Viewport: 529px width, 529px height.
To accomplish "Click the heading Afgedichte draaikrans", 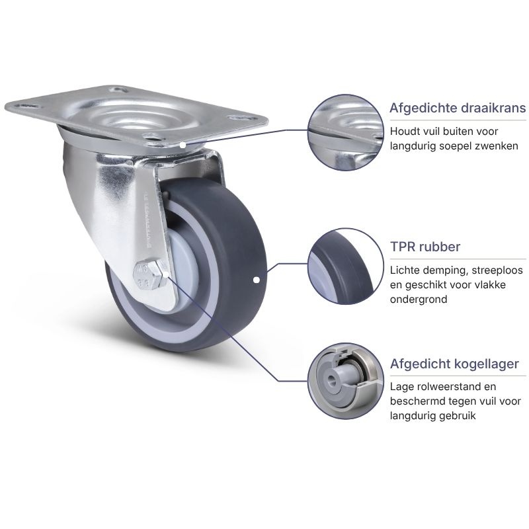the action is [458, 108].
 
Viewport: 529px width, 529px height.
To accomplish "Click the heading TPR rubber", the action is [425, 247].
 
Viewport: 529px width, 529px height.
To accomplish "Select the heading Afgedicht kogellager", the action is [454, 364].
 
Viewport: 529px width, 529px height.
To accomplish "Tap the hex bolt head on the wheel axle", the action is [151, 274].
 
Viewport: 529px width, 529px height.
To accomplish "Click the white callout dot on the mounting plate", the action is [183, 145].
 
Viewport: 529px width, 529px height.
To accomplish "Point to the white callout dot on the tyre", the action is [256, 280].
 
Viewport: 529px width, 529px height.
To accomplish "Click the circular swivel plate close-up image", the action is [346, 132].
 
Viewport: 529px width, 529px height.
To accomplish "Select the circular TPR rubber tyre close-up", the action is [346, 266].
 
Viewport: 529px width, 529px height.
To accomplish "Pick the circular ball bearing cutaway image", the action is [346, 382].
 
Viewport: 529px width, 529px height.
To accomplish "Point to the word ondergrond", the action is [419, 300].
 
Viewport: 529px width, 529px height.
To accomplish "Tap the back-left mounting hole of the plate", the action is [26, 106].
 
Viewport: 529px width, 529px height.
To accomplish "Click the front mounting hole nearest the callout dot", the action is [152, 137].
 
